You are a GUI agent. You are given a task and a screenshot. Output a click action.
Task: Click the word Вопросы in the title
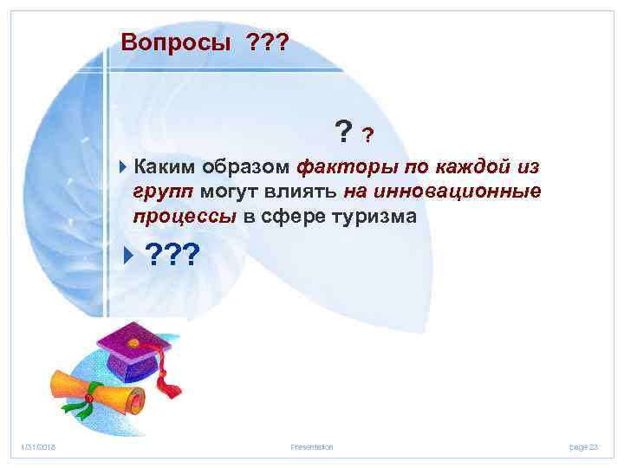coord(170,42)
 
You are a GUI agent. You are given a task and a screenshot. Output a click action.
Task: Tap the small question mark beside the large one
coord(368,135)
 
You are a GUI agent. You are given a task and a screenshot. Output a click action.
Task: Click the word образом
coord(250,166)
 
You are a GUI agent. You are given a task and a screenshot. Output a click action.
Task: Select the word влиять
coord(302,191)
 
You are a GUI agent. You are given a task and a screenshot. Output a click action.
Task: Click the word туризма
coord(374,216)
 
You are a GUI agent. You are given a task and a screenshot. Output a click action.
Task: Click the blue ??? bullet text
coord(172,256)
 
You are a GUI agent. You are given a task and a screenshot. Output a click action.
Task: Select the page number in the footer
coord(584,446)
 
